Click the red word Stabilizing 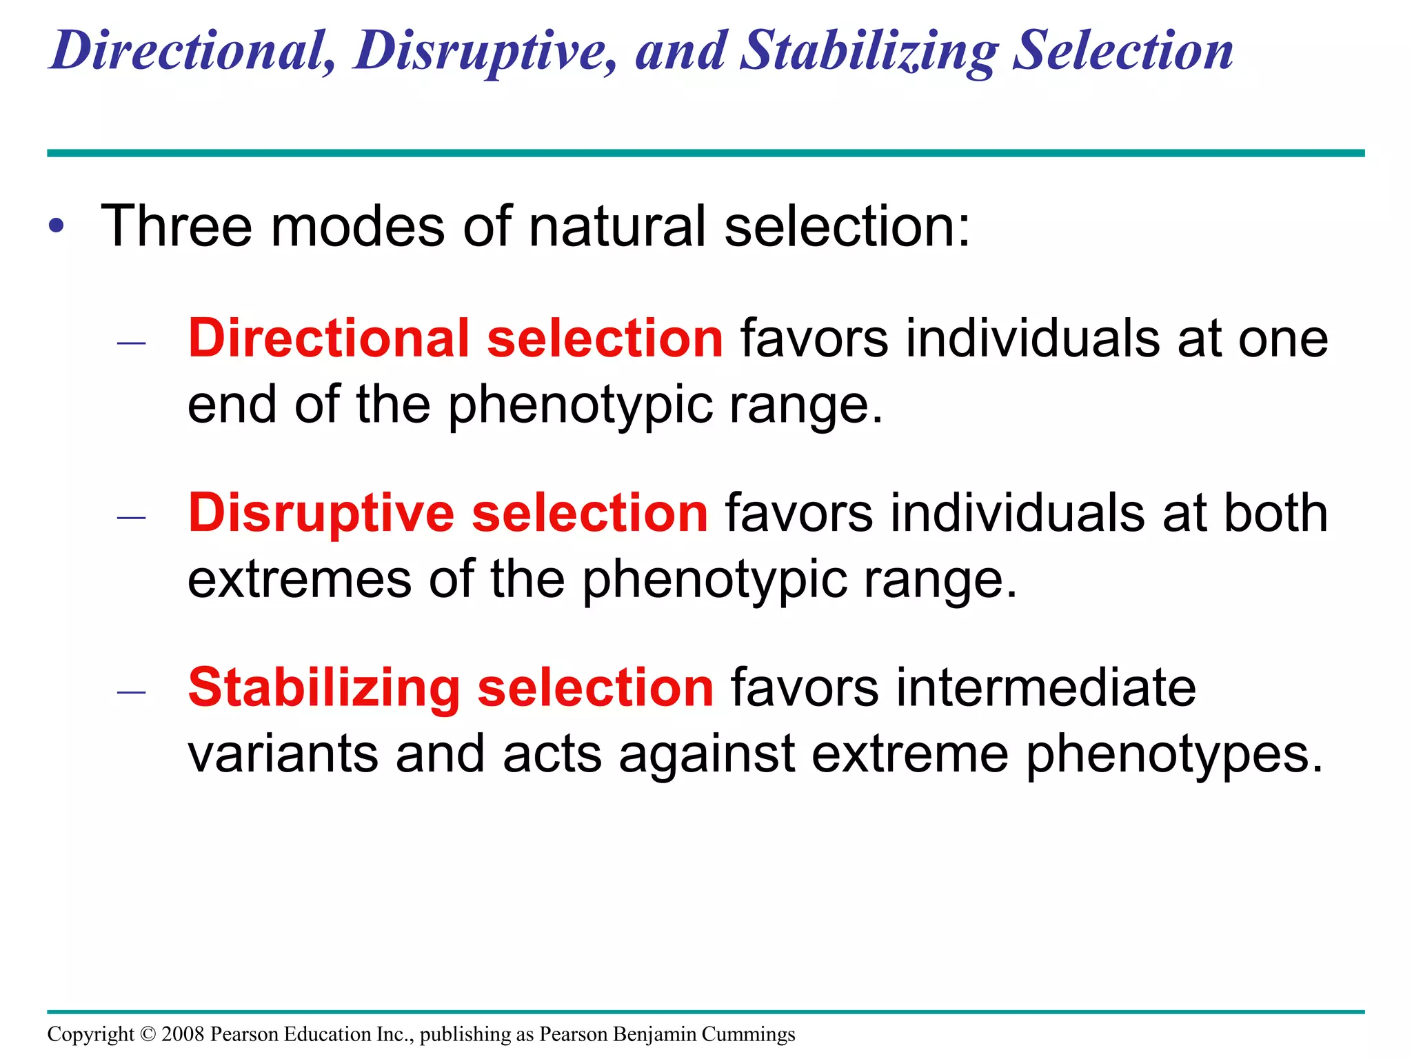tap(324, 688)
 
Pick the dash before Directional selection tap(131, 343)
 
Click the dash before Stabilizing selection tap(131, 692)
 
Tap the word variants tap(283, 754)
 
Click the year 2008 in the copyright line tap(183, 1034)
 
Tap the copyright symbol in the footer tap(148, 1034)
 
